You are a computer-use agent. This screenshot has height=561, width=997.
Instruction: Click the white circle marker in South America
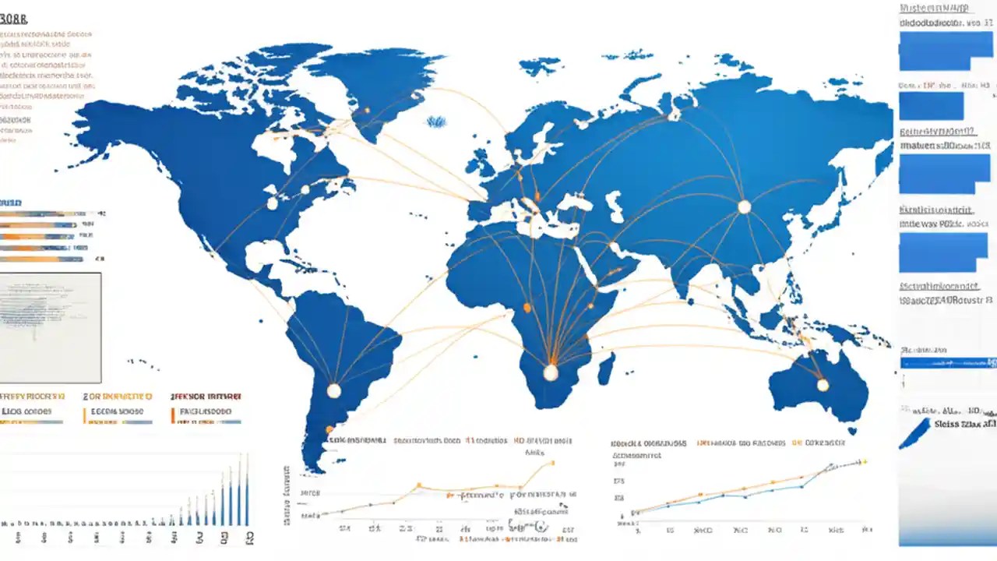pos(333,390)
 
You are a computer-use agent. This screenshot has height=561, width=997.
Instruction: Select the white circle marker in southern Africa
pos(551,372)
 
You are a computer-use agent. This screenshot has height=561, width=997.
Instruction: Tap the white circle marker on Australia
pos(823,384)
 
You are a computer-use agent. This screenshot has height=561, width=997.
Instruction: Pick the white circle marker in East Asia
pos(744,206)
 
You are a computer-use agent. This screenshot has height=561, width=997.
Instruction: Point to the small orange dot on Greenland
pos(366,111)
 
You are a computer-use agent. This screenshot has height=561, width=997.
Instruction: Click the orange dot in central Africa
pos(527,308)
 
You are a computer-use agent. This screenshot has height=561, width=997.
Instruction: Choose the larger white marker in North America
pos(272,203)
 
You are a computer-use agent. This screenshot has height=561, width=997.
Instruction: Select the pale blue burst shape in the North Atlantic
pos(436,122)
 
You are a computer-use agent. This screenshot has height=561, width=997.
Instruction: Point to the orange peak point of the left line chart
pos(552,462)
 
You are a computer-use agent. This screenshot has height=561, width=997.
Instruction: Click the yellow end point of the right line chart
pos(864,461)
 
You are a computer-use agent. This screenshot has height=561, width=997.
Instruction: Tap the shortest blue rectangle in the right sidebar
pos(931,106)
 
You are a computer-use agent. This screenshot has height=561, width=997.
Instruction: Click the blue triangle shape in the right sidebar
pos(916,433)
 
